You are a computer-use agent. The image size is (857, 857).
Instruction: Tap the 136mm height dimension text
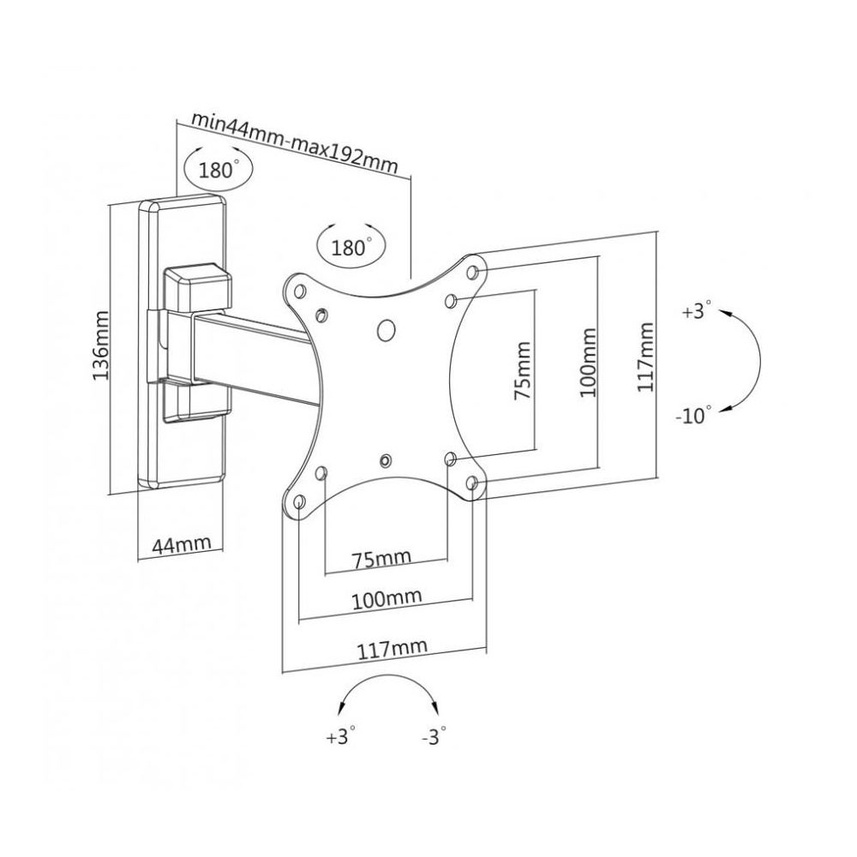pyautogui.click(x=100, y=345)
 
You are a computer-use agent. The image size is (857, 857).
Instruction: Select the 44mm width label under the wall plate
pyautogui.click(x=181, y=544)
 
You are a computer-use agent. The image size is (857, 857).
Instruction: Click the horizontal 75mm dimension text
pyautogui.click(x=381, y=558)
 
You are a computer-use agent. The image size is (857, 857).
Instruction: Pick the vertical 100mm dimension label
pyautogui.click(x=587, y=360)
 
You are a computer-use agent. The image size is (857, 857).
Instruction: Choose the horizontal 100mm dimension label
pyautogui.click(x=386, y=596)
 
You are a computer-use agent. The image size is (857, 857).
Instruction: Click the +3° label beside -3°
pyautogui.click(x=340, y=737)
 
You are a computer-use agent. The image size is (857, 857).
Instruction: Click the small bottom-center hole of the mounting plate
pyautogui.click(x=387, y=460)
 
